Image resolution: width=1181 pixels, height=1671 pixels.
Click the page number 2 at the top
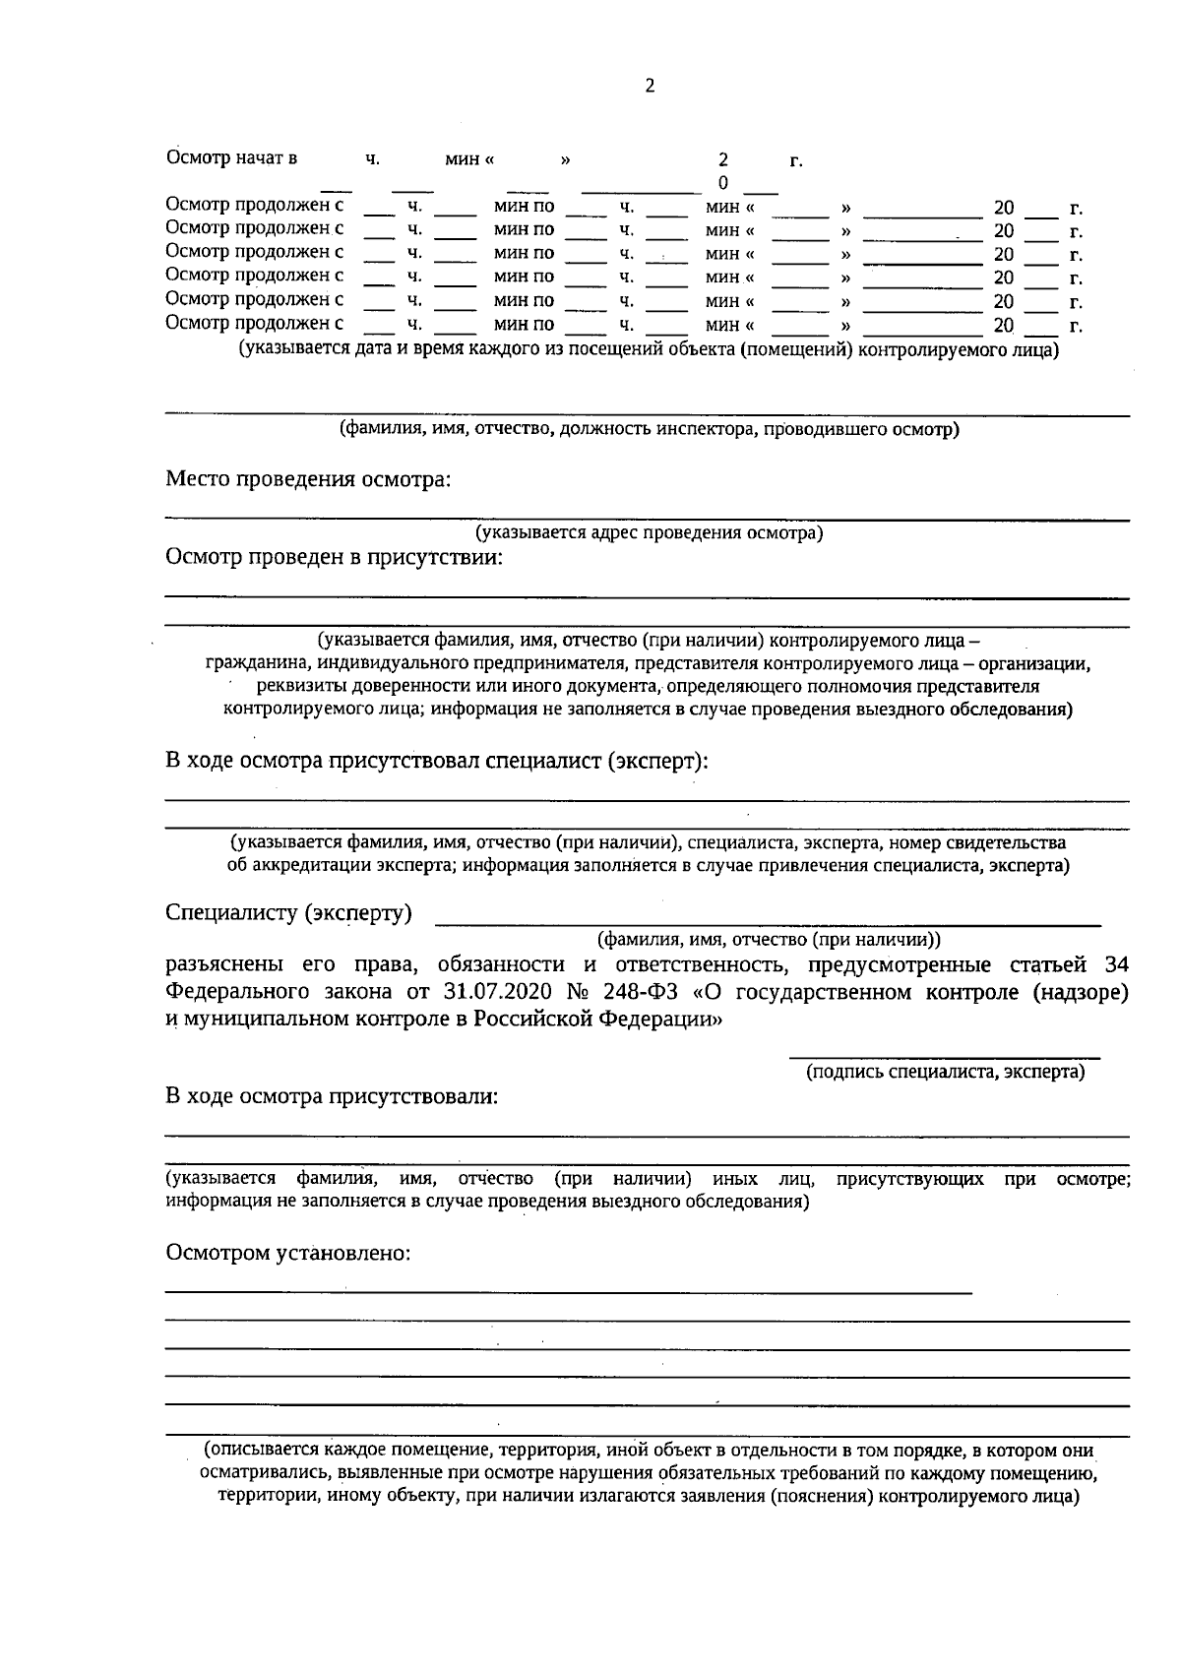pos(650,86)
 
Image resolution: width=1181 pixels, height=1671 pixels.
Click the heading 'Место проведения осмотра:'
pos(308,480)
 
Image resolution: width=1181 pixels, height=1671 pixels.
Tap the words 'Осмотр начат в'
pos(232,158)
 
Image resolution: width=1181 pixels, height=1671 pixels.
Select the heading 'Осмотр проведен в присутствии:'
pos(334,558)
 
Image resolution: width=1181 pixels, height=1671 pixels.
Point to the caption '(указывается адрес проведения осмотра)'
pos(650,533)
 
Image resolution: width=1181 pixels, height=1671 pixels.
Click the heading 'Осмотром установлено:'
pos(287,1254)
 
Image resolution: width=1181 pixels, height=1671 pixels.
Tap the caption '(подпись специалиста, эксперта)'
pos(945,1072)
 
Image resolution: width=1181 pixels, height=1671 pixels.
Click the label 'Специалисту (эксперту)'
pos(288,913)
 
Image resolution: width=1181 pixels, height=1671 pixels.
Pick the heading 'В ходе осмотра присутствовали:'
pos(332,1096)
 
